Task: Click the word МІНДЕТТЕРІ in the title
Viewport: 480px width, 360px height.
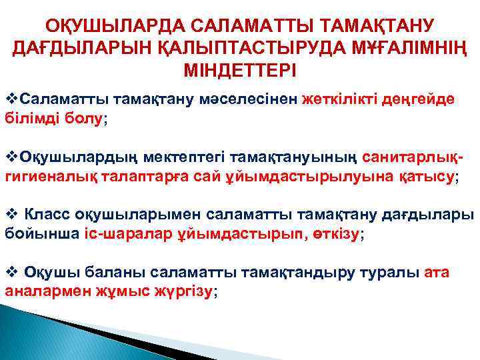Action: (239, 70)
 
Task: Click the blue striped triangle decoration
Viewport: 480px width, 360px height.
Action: (40, 333)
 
